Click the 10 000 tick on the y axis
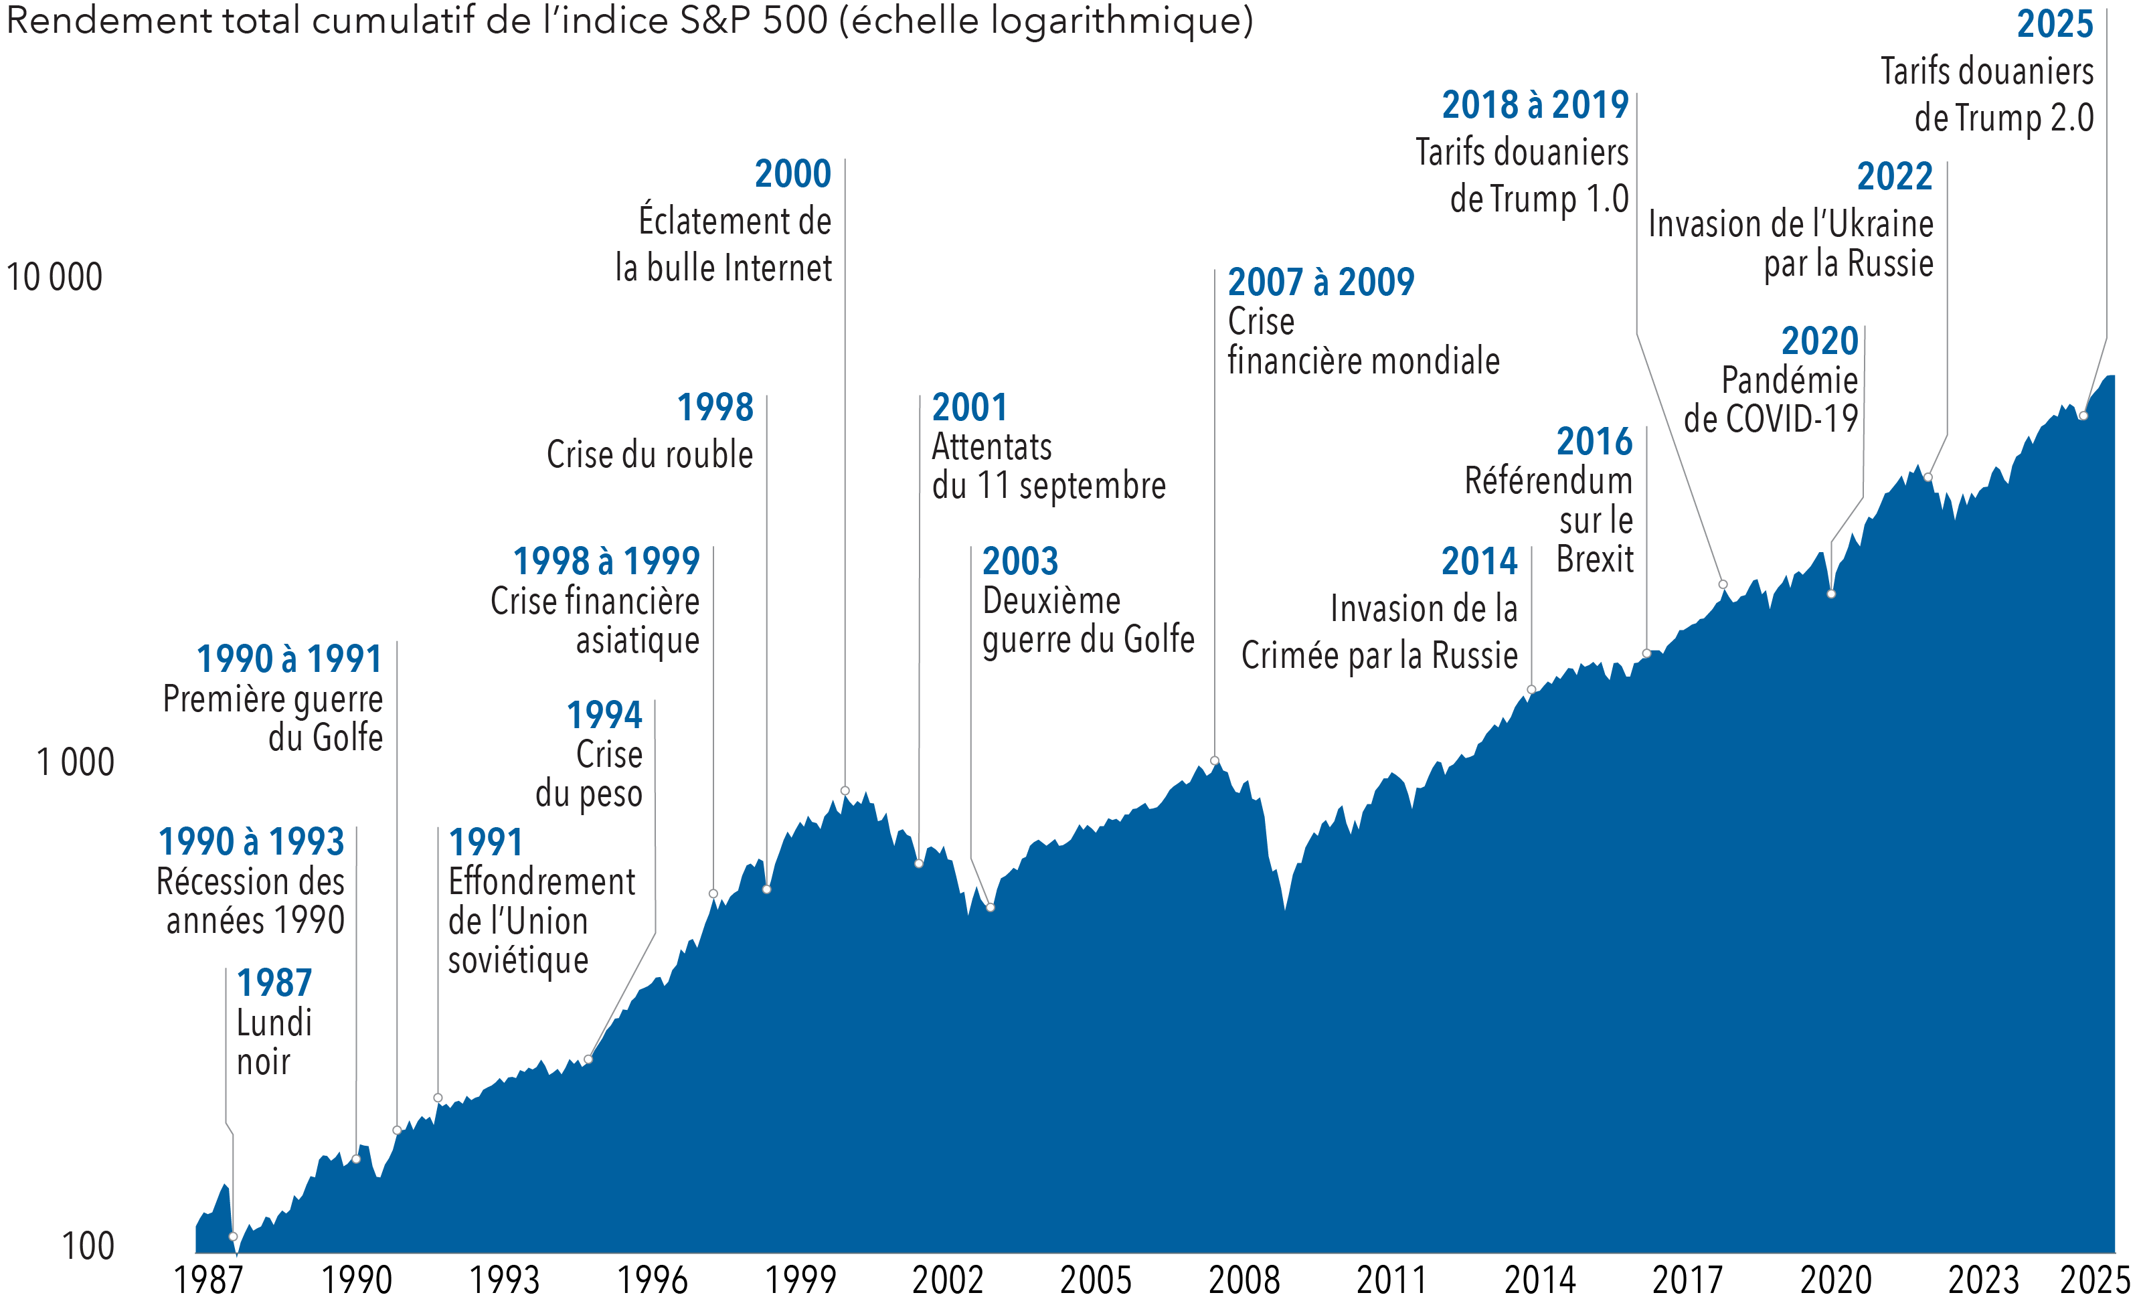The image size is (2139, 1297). [54, 278]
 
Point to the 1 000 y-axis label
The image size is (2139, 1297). [75, 762]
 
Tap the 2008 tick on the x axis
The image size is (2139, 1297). [1244, 1280]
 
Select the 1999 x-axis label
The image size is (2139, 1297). [800, 1280]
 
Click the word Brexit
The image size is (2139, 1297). [1595, 559]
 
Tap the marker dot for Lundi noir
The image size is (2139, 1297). [233, 1236]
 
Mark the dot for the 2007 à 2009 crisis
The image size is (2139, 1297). [1215, 760]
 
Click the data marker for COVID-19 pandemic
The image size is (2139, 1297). [1832, 594]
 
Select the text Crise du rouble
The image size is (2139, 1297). [649, 454]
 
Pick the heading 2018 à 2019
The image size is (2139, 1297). [1535, 106]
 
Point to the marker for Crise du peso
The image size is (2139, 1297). [588, 1059]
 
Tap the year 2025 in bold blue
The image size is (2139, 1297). [2055, 24]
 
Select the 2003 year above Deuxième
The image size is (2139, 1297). [1020, 561]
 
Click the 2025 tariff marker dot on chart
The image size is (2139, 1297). [2083, 416]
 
